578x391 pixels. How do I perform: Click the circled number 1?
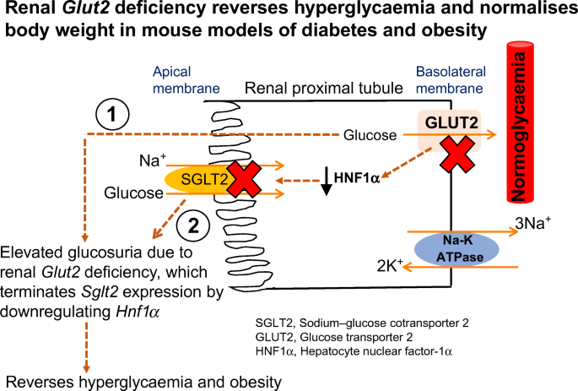click(112, 114)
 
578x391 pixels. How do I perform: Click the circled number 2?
click(193, 225)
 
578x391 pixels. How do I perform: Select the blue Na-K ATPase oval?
click(456, 249)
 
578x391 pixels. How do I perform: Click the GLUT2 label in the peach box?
click(451, 122)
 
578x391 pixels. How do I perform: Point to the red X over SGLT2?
click(244, 178)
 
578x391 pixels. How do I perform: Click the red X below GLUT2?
click(457, 155)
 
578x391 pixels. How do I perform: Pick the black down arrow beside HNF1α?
click(327, 181)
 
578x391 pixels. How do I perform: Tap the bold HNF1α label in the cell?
click(356, 178)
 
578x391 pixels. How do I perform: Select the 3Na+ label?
click(533, 223)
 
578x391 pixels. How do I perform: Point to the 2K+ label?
click(390, 265)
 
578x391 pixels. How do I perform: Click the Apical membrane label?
click(186, 80)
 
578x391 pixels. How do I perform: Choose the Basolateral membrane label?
click(451, 80)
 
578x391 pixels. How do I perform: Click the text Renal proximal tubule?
click(324, 89)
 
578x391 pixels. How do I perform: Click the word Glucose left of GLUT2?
click(370, 135)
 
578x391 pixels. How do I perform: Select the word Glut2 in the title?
click(85, 8)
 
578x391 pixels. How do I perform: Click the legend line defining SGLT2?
click(362, 323)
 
